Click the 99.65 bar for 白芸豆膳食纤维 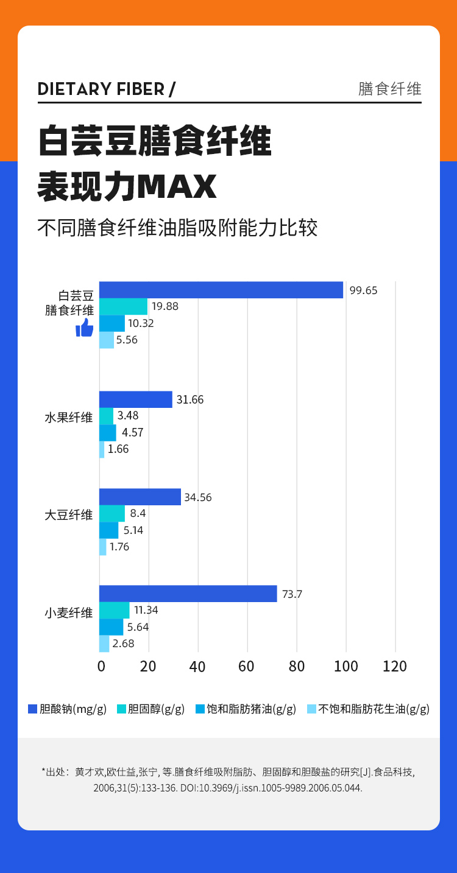pyautogui.click(x=221, y=290)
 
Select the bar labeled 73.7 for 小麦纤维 pyautogui.click(x=188, y=594)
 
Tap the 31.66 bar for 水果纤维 pyautogui.click(x=136, y=399)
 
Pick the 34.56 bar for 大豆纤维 pyautogui.click(x=140, y=497)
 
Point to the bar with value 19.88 pyautogui.click(x=123, y=306)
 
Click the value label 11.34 pyautogui.click(x=146, y=610)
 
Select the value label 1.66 pyautogui.click(x=118, y=449)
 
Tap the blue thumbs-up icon pyautogui.click(x=84, y=329)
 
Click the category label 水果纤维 pyautogui.click(x=69, y=418)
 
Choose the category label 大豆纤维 pyautogui.click(x=69, y=515)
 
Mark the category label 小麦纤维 pyautogui.click(x=69, y=612)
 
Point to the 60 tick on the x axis pyautogui.click(x=246, y=666)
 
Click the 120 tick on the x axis pyautogui.click(x=395, y=666)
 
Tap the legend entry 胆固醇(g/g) pyautogui.click(x=151, y=709)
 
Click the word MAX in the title pyautogui.click(x=176, y=188)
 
